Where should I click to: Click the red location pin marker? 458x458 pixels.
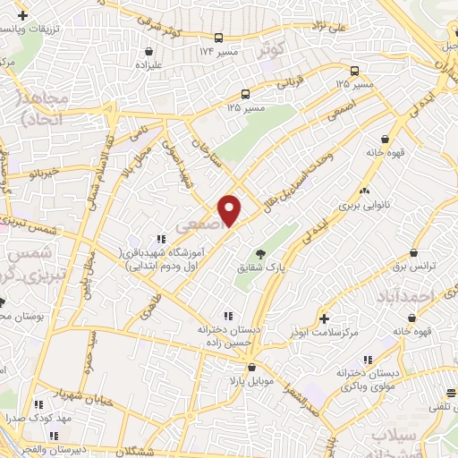(230, 210)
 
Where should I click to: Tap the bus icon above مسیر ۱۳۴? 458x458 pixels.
(217, 38)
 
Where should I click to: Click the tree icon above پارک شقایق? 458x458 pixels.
(260, 254)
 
